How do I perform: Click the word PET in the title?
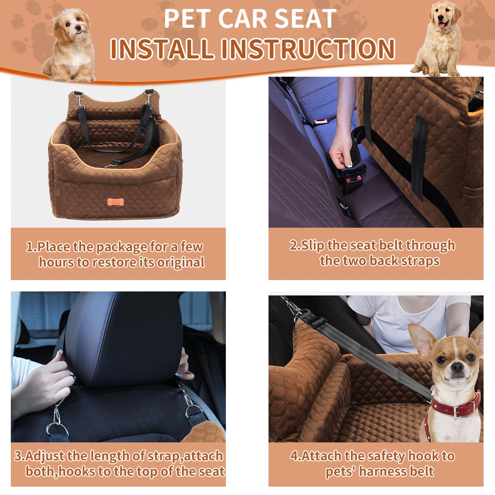click(x=188, y=19)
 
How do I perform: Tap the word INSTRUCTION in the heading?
click(x=308, y=49)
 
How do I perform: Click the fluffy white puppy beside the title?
click(x=71, y=45)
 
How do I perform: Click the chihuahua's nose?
click(x=456, y=366)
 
